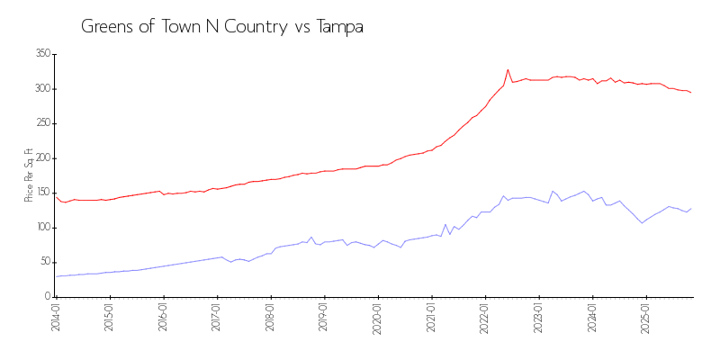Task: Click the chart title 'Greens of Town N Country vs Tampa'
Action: pos(222,26)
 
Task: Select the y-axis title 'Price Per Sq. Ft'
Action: pos(29,175)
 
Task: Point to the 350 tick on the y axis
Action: pos(41,54)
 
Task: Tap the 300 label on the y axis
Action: pos(41,89)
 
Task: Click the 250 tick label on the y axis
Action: pos(41,123)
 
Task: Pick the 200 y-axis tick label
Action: pos(41,158)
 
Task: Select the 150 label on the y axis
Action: pos(41,193)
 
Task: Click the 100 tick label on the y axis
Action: pos(41,228)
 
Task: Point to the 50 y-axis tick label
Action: pos(44,262)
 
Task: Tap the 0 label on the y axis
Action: pos(47,296)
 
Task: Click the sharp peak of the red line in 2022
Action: pos(508,69)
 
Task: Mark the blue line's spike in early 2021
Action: pos(445,225)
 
